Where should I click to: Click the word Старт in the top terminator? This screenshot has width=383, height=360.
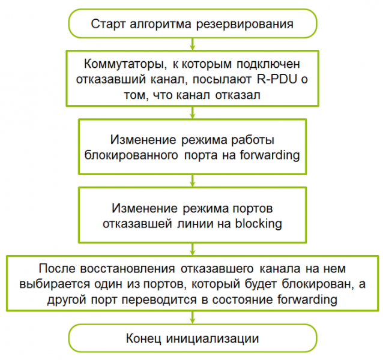[109, 24]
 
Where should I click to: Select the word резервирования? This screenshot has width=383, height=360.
[245, 25]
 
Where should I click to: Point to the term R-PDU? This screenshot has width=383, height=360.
[277, 79]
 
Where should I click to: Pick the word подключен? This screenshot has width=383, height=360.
[268, 64]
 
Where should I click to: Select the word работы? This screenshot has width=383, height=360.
[253, 140]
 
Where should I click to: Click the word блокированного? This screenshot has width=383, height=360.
[131, 155]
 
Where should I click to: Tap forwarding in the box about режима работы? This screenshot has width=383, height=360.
[270, 155]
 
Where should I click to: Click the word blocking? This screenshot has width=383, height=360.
[258, 224]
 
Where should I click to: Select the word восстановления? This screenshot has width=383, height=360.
[127, 269]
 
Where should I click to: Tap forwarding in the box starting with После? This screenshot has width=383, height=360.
[307, 299]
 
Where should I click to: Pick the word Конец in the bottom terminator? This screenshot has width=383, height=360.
[143, 339]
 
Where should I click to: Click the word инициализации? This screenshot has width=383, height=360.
[213, 339]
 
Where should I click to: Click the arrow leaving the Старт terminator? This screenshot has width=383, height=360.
[193, 44]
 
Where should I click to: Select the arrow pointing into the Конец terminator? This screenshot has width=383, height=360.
[193, 317]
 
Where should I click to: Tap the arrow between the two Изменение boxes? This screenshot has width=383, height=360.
[193, 181]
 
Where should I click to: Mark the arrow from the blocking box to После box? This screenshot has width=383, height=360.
[193, 249]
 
